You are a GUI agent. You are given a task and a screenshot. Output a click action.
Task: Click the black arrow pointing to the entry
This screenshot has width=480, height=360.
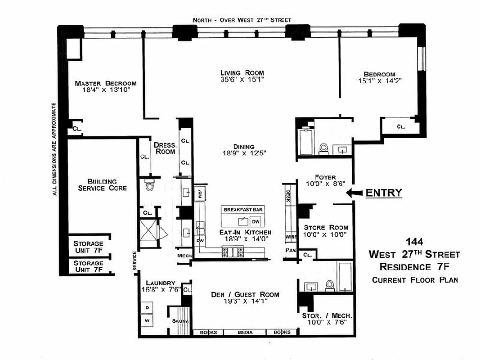354,193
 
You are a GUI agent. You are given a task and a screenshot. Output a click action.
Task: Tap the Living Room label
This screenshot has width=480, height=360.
242,73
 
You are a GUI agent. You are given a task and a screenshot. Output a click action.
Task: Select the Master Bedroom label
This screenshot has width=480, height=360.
106,83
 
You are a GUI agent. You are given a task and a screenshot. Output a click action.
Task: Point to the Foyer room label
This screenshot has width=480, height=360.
325,177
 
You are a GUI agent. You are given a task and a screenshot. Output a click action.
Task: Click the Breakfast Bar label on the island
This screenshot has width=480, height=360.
243,209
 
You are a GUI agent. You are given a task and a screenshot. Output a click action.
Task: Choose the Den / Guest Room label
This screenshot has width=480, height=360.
245,295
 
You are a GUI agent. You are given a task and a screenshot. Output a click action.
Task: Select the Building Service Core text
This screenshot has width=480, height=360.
102,184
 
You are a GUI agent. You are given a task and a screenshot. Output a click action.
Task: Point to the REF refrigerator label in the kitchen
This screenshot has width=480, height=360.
200,194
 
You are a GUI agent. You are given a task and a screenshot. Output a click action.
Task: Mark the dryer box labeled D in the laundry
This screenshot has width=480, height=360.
147,307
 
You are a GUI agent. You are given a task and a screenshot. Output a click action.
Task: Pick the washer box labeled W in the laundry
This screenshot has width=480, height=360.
147,321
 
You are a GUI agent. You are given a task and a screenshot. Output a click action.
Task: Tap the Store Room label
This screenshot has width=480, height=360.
326,228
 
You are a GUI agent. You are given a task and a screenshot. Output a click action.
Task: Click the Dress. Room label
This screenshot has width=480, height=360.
164,148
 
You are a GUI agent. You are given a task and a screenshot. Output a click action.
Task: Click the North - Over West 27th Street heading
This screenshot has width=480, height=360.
242,20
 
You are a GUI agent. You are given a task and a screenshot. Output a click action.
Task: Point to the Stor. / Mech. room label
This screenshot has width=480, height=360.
327,316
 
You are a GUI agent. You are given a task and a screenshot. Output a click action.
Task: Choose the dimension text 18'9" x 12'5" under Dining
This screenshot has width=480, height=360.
243,153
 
